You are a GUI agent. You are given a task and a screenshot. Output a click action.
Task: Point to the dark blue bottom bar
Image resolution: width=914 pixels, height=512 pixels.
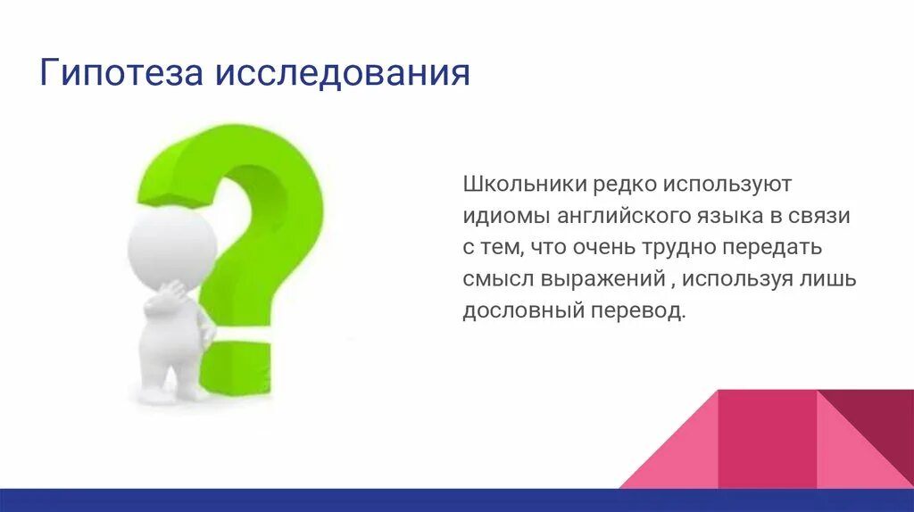[357, 500]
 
